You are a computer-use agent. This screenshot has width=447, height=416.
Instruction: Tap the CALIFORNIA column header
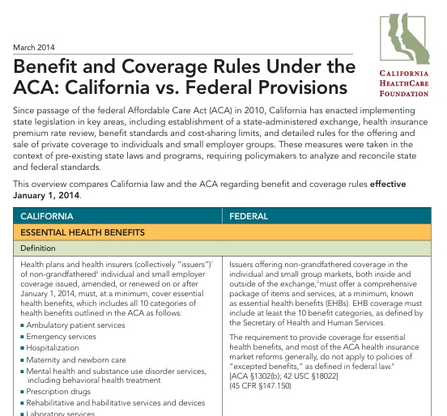[x=47, y=217]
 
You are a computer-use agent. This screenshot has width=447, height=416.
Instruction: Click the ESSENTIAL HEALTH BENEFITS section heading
[x=83, y=232]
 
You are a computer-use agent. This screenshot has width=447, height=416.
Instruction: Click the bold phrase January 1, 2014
[x=49, y=195]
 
